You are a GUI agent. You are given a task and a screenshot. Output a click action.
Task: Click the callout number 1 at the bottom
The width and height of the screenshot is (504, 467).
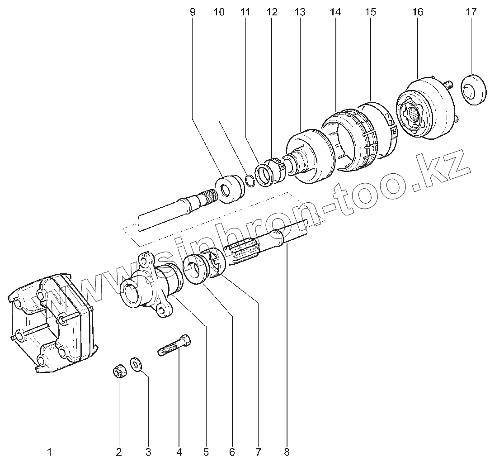coord(50,451)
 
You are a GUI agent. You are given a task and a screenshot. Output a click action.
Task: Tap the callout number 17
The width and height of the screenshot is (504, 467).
coord(471,12)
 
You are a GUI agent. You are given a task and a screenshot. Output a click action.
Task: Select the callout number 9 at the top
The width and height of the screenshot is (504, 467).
coord(193,12)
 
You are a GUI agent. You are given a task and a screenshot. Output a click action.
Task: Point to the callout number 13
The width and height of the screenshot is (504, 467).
coord(300,12)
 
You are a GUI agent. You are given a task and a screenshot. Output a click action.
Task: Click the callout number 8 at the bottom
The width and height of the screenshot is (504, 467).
coord(287,451)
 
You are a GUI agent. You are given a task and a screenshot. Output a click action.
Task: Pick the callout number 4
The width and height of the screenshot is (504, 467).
coord(179,451)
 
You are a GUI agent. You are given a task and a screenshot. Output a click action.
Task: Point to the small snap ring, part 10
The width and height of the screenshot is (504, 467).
coord(249,181)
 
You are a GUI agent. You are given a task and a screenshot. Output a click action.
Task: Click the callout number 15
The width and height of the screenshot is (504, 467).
coord(371,12)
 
